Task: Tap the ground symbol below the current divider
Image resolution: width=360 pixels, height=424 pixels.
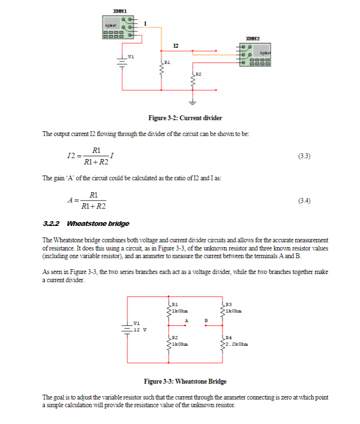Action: tap(192, 101)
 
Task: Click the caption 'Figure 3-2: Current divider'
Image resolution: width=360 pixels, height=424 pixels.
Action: tap(185, 118)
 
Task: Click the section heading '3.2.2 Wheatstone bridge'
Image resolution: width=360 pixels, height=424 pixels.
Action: tap(86, 224)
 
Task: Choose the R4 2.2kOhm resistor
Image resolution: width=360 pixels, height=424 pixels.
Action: tap(223, 343)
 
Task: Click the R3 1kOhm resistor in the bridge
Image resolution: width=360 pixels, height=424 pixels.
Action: tap(223, 308)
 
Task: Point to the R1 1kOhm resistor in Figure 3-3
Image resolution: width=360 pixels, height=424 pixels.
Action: tap(169, 308)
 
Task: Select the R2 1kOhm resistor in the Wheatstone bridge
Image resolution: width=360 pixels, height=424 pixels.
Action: tap(169, 343)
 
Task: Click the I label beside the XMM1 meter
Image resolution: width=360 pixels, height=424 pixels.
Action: tap(145, 23)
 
